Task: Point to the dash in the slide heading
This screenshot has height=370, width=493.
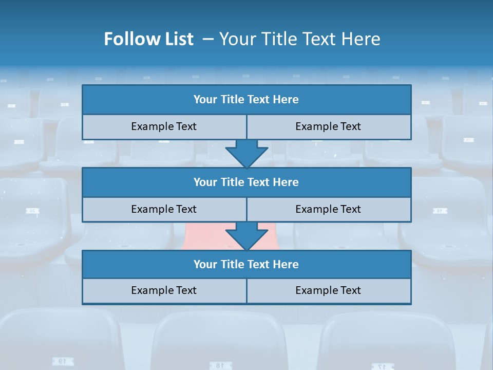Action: click(208, 40)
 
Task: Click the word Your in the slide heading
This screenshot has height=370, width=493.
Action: click(235, 40)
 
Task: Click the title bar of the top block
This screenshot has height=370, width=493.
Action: click(246, 100)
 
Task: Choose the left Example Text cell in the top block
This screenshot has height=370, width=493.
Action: click(164, 126)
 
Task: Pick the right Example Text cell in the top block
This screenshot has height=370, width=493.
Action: click(328, 126)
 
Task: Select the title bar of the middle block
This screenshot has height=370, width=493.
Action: click(246, 182)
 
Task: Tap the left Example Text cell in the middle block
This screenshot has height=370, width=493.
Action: click(164, 209)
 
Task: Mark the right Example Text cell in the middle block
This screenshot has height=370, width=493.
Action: click(328, 209)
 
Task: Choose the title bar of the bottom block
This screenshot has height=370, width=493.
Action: click(246, 264)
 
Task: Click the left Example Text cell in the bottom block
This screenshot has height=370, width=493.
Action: click(164, 290)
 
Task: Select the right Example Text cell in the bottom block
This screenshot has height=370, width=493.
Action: click(328, 290)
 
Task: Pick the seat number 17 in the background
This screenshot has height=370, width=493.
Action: click(381, 366)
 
